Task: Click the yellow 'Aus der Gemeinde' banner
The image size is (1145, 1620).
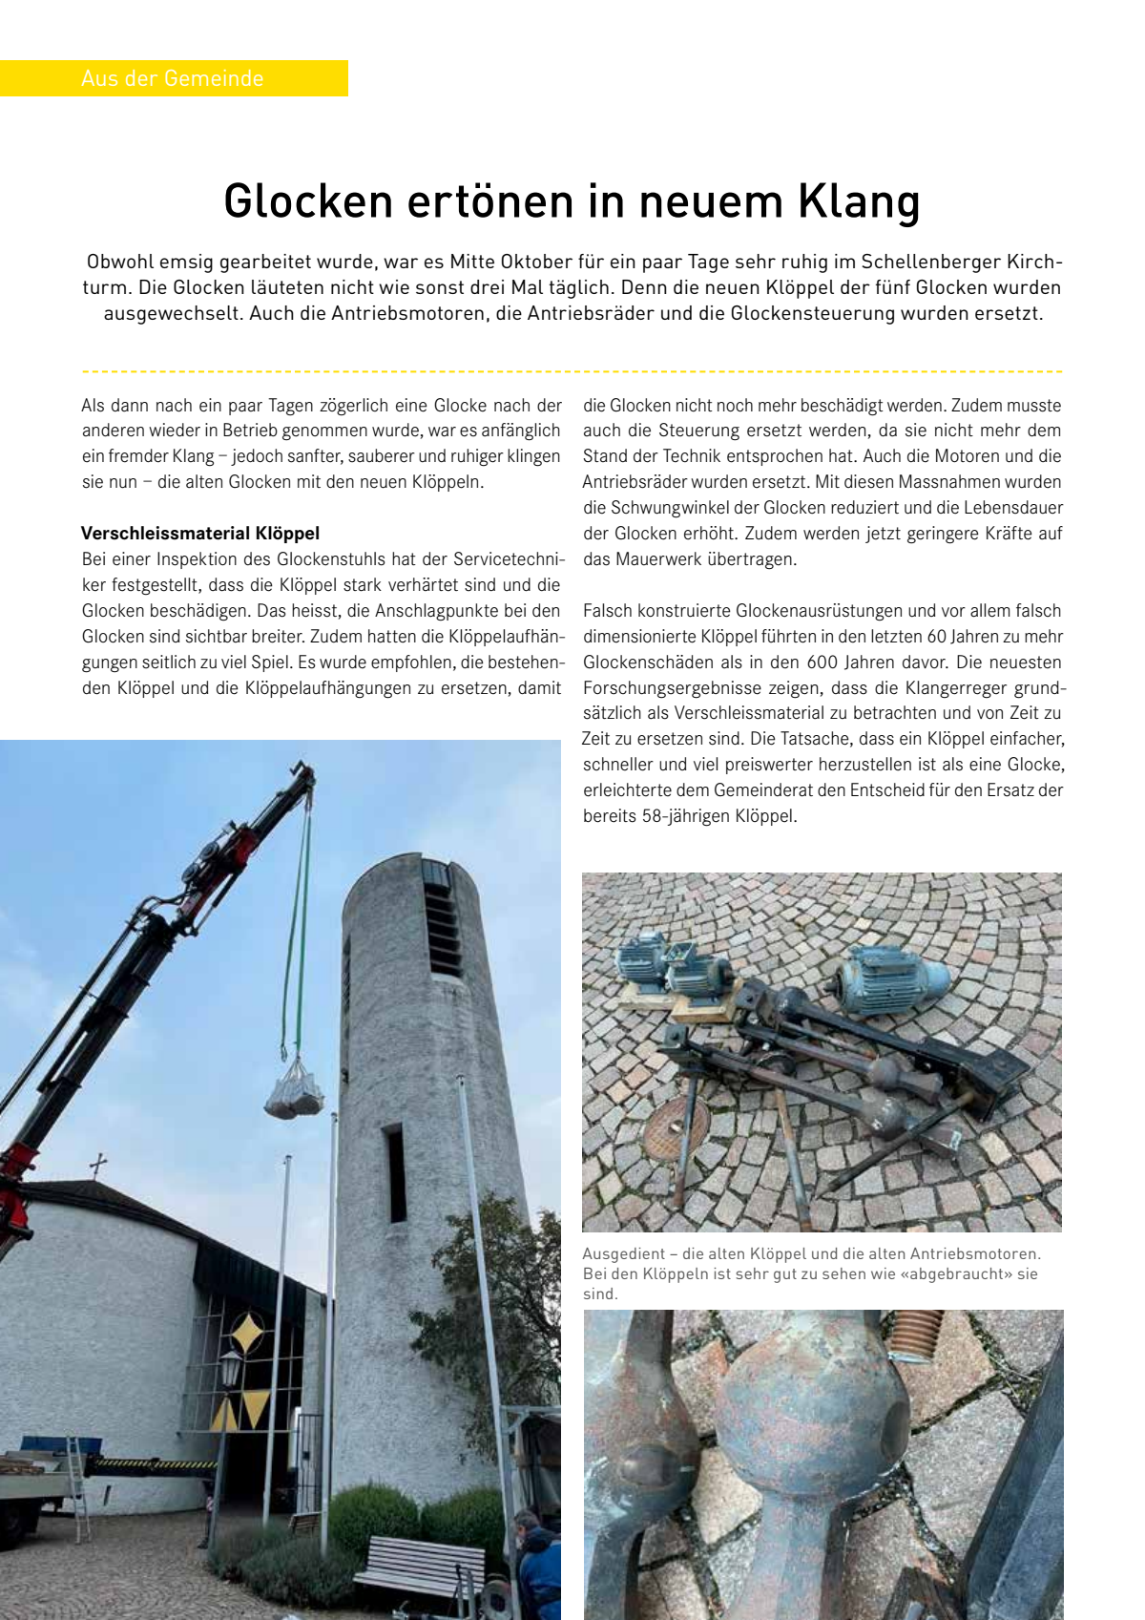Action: pos(173,78)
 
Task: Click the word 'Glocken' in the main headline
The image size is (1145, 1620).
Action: pos(308,201)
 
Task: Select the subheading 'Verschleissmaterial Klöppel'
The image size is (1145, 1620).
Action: pos(200,533)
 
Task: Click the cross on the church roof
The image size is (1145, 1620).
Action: pos(97,1166)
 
